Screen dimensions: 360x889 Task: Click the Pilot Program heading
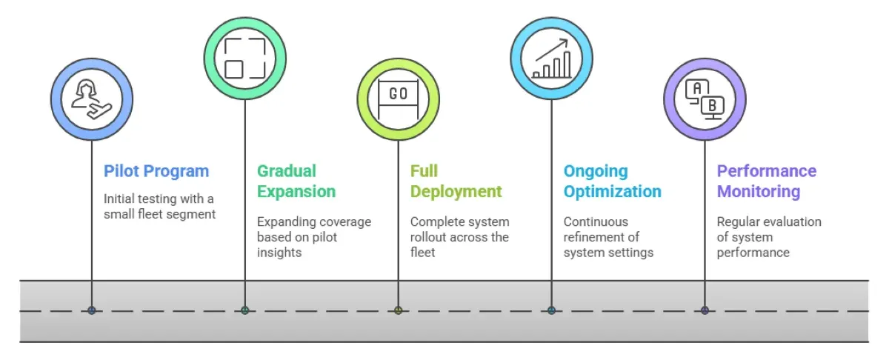156,171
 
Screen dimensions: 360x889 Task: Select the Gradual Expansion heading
296,181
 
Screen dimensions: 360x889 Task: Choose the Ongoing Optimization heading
612,181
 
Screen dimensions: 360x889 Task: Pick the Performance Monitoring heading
766,181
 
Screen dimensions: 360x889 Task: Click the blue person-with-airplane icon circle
92,99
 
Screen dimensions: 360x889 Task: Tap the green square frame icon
244,58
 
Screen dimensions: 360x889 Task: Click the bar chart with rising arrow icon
551,58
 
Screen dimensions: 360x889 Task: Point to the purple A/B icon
705,99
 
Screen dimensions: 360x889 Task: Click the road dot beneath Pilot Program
92,310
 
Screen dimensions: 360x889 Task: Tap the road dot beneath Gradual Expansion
244,310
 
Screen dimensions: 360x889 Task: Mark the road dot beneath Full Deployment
398,310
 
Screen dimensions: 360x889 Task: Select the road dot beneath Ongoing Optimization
551,310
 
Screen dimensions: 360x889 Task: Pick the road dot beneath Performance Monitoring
705,310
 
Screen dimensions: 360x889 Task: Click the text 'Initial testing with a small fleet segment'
159,206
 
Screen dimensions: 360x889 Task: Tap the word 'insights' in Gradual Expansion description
279,253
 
